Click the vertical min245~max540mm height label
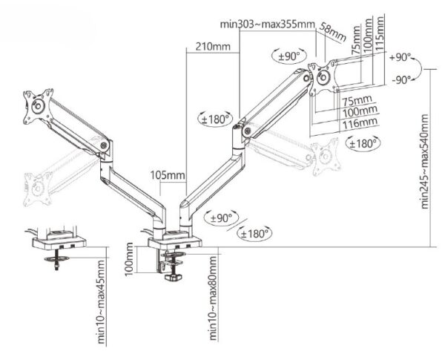[425, 162]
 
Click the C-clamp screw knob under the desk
[175, 280]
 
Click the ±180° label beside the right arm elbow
[215, 118]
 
